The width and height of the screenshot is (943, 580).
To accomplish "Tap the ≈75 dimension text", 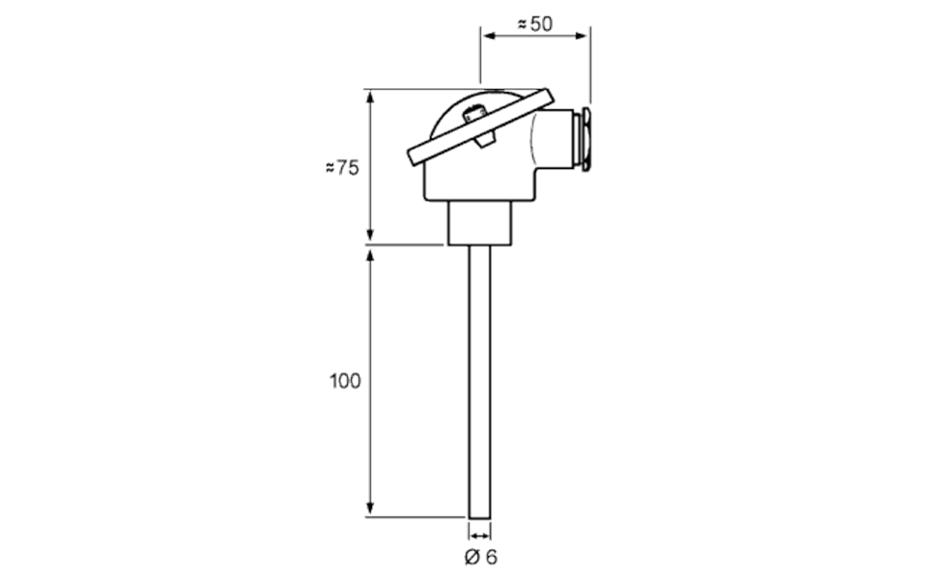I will pyautogui.click(x=342, y=167).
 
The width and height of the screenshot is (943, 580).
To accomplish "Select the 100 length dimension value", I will pyautogui.click(x=345, y=381).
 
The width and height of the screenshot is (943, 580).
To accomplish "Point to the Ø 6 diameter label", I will pyautogui.click(x=480, y=557).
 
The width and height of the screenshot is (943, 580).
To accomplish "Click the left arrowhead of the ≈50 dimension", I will pyautogui.click(x=486, y=37).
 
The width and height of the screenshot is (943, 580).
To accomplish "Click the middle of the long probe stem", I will pyautogui.click(x=480, y=381).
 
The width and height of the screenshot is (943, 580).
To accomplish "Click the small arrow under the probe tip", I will pyautogui.click(x=480, y=531).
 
